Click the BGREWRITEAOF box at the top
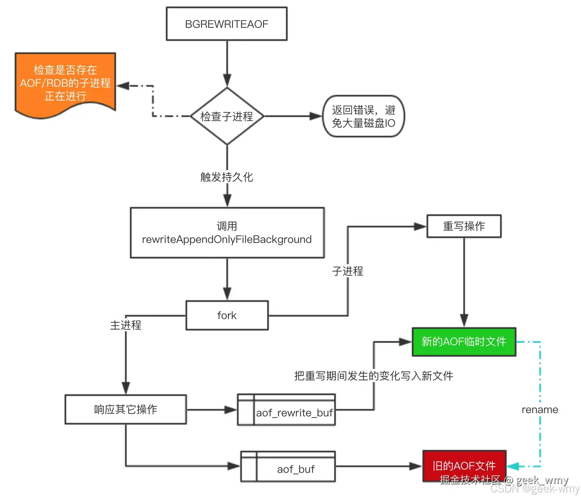[x=226, y=24]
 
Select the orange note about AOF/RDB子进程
[x=65, y=83]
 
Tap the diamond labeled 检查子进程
[x=227, y=117]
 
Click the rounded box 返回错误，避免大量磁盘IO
[x=363, y=117]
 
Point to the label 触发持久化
[x=227, y=177]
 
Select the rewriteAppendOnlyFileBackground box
[x=227, y=233]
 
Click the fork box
[x=227, y=315]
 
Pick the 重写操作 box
[x=464, y=226]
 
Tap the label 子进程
[x=347, y=271]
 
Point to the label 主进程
[x=126, y=325]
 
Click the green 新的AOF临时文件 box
[x=464, y=342]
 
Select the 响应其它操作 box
[x=125, y=409]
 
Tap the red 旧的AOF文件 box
[x=464, y=465]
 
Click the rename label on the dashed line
[x=540, y=410]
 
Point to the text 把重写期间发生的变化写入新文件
[x=373, y=376]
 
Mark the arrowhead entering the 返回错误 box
[x=316, y=117]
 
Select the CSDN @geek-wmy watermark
[x=535, y=489]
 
